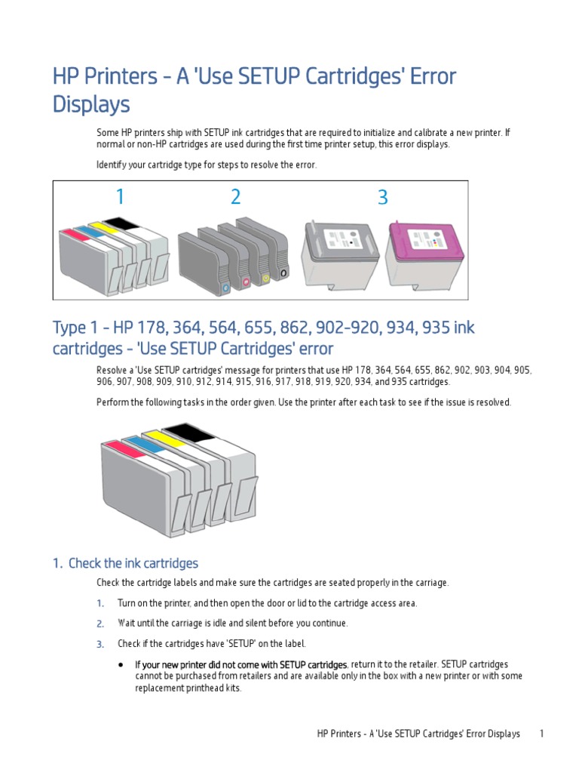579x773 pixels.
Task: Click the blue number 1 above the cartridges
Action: [120, 198]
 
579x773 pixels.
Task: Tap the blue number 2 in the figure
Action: [236, 198]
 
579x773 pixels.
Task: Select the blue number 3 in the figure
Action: [382, 198]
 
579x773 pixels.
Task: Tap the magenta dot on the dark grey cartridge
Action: [246, 283]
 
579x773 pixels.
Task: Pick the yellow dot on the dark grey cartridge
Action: [265, 278]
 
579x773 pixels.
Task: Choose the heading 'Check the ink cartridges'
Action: [133, 563]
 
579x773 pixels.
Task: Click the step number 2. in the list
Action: [100, 624]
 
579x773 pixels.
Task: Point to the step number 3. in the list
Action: [100, 644]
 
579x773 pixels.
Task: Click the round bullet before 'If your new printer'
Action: [121, 664]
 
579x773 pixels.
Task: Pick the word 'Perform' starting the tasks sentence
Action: [114, 402]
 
